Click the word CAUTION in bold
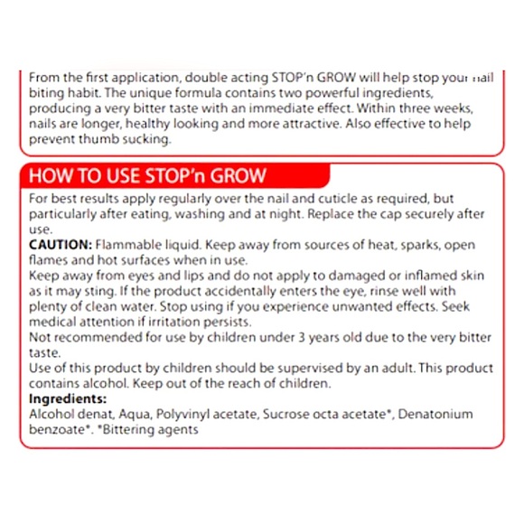pos(59,245)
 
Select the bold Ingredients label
pos(66,398)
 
